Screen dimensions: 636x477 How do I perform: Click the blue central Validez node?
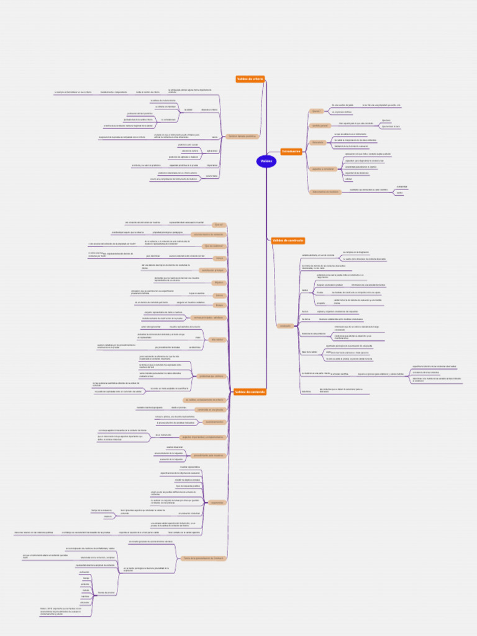click(266, 161)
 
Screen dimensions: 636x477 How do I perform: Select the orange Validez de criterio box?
click(250, 79)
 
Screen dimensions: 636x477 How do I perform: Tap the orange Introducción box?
click(291, 152)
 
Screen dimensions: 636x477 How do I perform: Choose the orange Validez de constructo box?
click(288, 240)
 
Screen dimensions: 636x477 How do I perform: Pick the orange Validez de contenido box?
click(250, 392)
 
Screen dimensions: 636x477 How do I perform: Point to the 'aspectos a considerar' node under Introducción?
click(322, 169)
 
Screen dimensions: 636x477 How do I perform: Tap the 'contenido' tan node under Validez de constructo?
click(285, 325)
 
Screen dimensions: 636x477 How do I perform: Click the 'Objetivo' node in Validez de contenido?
click(219, 283)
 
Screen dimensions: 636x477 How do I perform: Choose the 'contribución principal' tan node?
click(212, 270)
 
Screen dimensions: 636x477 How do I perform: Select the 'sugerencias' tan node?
click(217, 502)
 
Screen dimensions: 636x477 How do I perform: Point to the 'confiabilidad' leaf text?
click(402, 186)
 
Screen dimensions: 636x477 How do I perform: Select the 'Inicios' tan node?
click(219, 258)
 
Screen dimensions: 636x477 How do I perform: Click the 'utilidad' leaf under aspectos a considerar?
click(348, 179)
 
